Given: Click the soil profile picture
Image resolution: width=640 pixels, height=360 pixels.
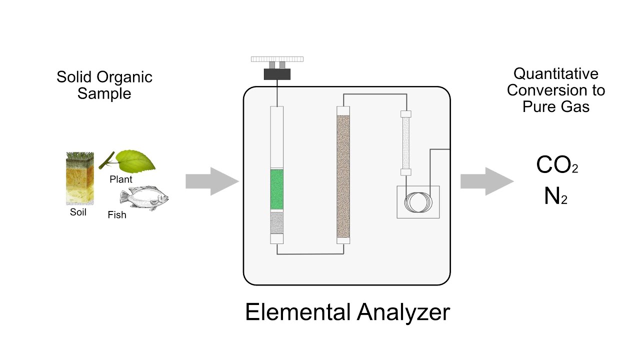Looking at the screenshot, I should pyautogui.click(x=80, y=178).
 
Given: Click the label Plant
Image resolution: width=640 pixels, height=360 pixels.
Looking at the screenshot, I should pyautogui.click(x=121, y=179).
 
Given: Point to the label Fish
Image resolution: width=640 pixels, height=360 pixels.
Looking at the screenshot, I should pyautogui.click(x=117, y=215).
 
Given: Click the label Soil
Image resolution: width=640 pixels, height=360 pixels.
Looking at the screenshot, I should pyautogui.click(x=78, y=212).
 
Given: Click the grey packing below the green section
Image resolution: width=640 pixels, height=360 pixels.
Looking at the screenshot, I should pyautogui.click(x=277, y=223).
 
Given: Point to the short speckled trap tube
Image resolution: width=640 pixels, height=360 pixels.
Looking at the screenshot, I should pyautogui.click(x=406, y=142).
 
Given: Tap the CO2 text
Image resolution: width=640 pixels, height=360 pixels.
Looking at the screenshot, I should pyautogui.click(x=556, y=165).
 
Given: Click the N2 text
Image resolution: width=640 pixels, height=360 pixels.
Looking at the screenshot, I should pyautogui.click(x=555, y=197).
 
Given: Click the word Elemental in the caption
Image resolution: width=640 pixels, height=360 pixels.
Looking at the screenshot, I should pyautogui.click(x=297, y=312).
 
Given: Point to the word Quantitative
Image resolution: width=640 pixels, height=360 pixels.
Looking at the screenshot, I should pyautogui.click(x=556, y=74).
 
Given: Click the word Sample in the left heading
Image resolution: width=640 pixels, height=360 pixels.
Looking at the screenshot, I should pyautogui.click(x=104, y=93).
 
